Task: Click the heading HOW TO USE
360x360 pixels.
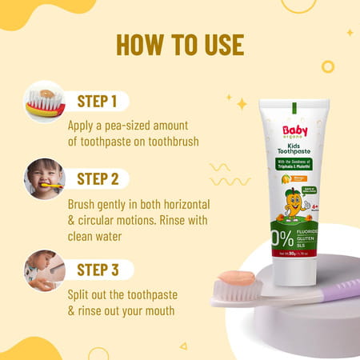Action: point(179,45)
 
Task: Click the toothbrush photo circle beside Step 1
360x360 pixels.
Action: point(45,101)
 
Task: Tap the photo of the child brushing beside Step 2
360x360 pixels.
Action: point(45,178)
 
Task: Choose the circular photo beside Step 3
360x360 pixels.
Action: point(45,270)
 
